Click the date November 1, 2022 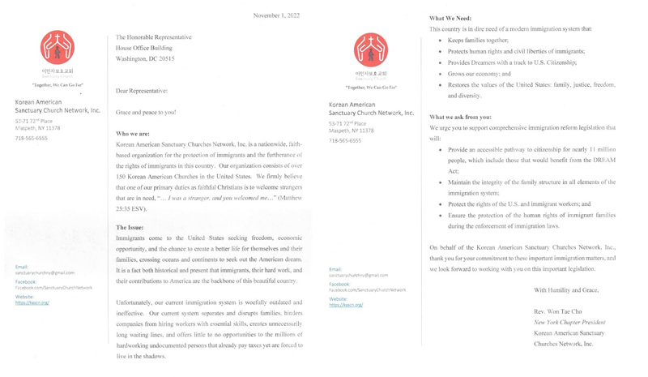pos(276,15)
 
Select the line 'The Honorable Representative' pos(154,37)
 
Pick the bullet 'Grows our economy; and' pos(480,74)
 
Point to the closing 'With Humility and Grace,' pos(565,289)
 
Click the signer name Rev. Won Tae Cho pos(558,311)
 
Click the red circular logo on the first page pos(58,49)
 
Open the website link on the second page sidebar pos(346,305)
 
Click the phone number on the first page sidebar pos(31,139)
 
